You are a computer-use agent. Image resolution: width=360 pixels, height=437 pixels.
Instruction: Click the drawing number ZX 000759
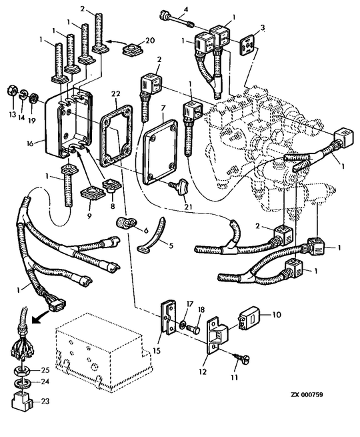pos(307,395)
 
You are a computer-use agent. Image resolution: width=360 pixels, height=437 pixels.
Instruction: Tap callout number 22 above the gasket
pos(115,93)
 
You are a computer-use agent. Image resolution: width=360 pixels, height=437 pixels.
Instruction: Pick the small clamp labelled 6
pos(123,222)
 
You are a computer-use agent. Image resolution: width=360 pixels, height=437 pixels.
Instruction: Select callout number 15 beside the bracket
pos(157,350)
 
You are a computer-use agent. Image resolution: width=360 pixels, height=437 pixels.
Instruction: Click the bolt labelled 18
pos(193,330)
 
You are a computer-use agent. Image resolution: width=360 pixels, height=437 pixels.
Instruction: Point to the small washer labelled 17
pos(183,324)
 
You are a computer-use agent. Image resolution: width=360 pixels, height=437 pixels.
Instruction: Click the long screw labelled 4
pos(176,19)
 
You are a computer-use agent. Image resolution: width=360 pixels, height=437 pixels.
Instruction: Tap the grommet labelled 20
pos(132,50)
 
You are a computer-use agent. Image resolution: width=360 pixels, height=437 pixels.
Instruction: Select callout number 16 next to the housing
pos(30,143)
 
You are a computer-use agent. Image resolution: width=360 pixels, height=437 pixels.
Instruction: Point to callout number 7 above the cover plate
pos(163,107)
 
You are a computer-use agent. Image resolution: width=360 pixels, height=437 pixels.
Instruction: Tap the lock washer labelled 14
pos(22,94)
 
